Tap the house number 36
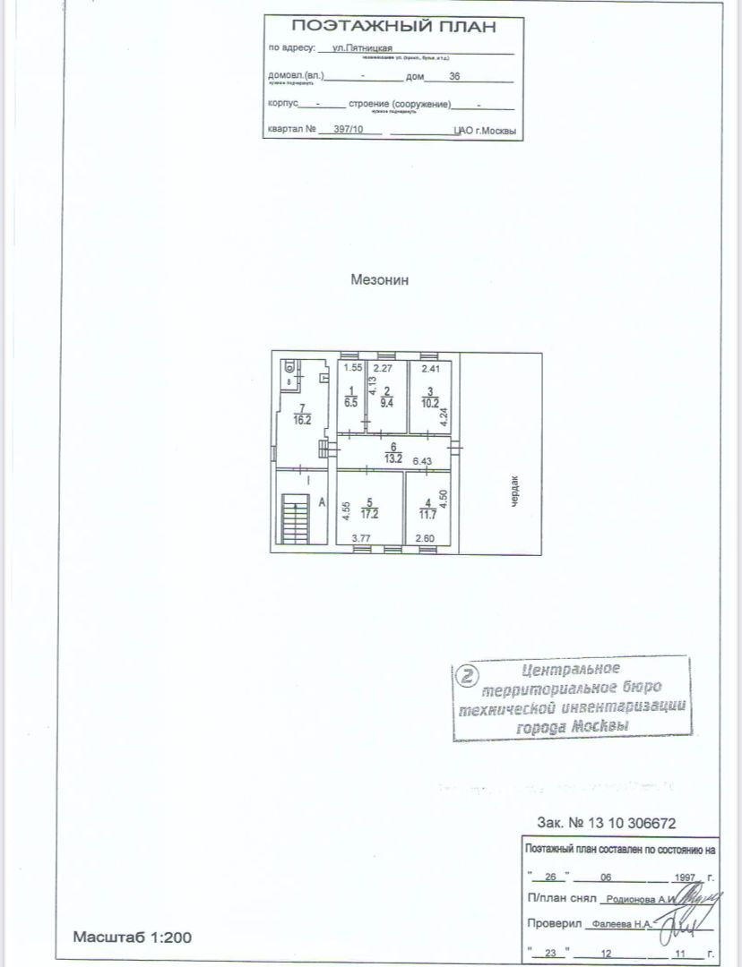pos(453,78)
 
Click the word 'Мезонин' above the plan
pos(380,279)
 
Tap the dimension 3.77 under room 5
pos(361,538)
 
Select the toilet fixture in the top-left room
pos(290,367)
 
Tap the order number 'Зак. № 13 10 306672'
pos(605,822)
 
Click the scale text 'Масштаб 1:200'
pos(133,937)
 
